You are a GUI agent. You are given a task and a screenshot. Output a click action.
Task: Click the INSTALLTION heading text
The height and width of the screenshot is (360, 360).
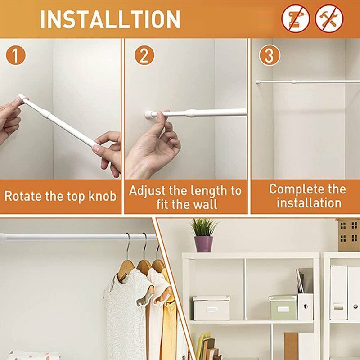[x=110, y=19]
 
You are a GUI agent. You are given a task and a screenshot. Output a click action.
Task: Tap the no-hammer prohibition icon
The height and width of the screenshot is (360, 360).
[x=329, y=19]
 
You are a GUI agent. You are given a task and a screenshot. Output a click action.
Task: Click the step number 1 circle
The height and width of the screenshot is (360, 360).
[x=16, y=57]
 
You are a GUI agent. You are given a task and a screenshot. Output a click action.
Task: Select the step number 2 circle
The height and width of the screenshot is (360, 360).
[x=144, y=57]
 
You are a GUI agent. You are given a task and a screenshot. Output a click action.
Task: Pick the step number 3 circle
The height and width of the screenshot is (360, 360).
[x=269, y=56]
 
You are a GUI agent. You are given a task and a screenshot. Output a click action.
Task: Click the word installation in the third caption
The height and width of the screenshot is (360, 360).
[x=309, y=203]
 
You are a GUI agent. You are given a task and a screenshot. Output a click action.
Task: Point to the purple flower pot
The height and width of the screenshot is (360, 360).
[x=203, y=243]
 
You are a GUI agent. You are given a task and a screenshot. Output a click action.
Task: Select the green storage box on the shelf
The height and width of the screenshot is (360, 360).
[x=283, y=307]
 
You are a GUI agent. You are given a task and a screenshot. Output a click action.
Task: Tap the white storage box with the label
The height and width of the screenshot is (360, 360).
[x=211, y=308]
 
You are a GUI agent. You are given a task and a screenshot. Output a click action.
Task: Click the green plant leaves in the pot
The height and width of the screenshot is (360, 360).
[x=203, y=226]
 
